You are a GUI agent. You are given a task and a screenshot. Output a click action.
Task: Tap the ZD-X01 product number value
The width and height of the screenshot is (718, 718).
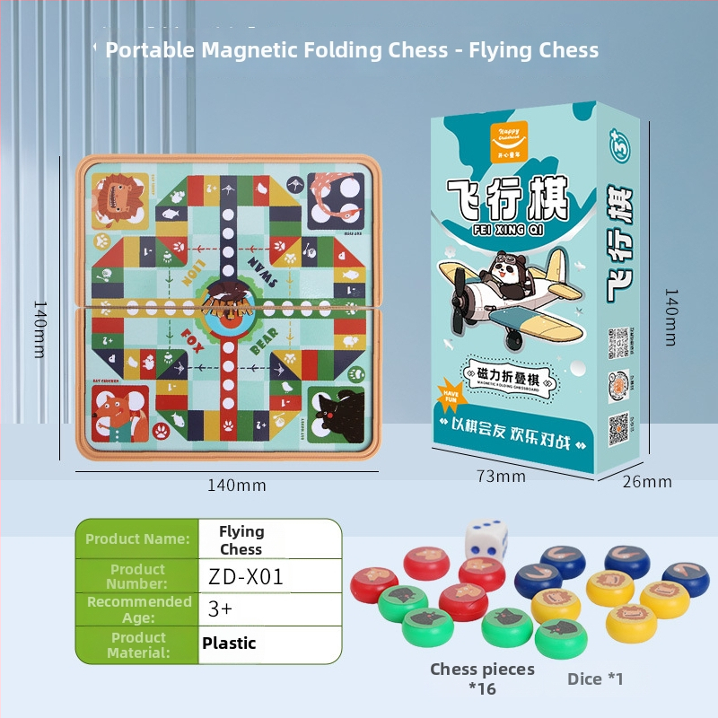click(x=244, y=577)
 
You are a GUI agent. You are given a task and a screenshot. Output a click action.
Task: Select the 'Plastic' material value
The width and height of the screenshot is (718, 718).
click(x=229, y=643)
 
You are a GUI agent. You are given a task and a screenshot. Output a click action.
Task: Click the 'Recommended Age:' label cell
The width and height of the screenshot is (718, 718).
click(x=138, y=609)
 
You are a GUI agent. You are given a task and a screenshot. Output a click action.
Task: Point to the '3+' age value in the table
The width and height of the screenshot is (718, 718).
click(x=221, y=609)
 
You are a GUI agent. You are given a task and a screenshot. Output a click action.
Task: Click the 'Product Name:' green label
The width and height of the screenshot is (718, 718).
click(x=137, y=538)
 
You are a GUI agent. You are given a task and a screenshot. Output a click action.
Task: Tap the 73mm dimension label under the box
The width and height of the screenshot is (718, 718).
click(x=501, y=477)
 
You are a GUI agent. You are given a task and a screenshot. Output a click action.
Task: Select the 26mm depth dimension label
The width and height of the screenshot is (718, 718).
click(x=647, y=482)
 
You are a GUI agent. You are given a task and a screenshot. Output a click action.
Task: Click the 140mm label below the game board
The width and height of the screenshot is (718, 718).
click(x=237, y=486)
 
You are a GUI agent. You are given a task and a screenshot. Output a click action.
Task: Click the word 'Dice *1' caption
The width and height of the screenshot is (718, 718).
click(x=595, y=679)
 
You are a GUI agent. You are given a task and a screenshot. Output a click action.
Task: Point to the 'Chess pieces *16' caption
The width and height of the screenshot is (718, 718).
click(x=482, y=679)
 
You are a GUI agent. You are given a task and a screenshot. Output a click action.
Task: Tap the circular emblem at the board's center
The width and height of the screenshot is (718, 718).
click(x=227, y=305)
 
